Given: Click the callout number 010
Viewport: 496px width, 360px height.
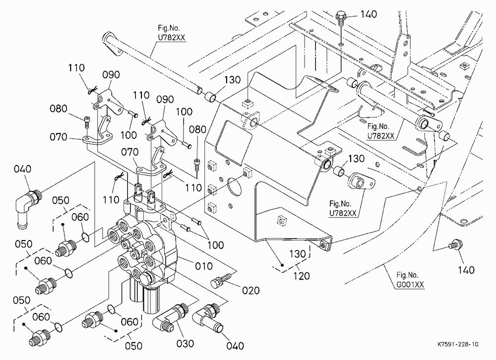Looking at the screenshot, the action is [203, 266].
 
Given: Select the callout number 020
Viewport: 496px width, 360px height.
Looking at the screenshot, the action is [250, 290].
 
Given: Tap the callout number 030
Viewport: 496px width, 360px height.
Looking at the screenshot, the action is [185, 343].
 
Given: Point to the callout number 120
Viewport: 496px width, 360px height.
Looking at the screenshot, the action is [301, 276].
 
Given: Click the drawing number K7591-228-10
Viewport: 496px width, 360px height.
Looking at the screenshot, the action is [458, 344].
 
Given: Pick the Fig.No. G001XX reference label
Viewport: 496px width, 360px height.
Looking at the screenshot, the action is [410, 280].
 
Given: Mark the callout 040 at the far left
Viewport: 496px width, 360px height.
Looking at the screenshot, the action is [22, 169].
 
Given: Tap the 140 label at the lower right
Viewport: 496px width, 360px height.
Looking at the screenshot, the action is [466, 270].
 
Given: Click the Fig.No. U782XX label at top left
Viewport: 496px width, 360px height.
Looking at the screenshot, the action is [172, 33].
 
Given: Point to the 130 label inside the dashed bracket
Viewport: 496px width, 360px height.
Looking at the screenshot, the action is [297, 254].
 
